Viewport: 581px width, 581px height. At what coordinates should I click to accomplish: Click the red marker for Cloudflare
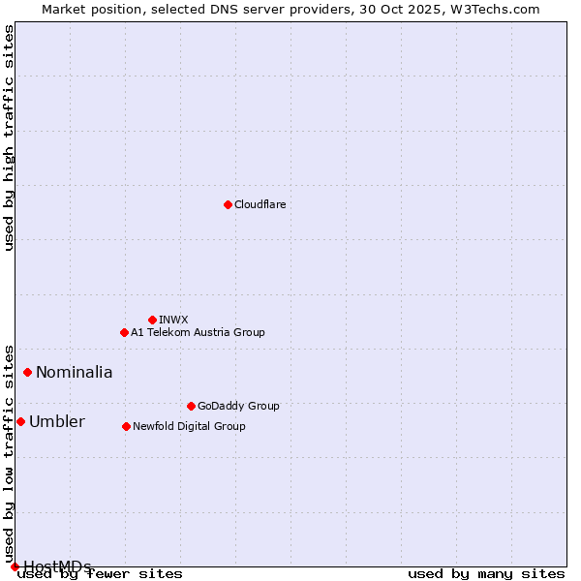(x=228, y=204)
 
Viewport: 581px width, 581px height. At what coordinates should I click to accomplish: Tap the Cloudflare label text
(x=260, y=204)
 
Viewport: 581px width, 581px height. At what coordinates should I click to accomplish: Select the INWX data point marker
(x=152, y=320)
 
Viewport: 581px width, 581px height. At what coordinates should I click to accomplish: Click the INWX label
(x=173, y=320)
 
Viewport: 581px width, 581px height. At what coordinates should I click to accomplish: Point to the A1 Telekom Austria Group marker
(x=124, y=332)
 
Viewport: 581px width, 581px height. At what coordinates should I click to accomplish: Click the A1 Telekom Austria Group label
(x=198, y=332)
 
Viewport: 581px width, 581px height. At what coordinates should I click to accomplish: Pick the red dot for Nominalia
(x=27, y=372)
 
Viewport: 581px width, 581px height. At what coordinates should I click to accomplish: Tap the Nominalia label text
(x=75, y=372)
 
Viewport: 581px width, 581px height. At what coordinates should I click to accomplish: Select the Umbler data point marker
(x=20, y=421)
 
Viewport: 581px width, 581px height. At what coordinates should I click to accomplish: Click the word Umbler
(x=57, y=421)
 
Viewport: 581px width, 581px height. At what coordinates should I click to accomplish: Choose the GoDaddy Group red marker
(x=191, y=406)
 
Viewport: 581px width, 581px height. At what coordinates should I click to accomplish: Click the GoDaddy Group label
(x=238, y=406)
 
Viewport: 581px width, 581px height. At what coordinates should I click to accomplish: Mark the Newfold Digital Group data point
(x=126, y=426)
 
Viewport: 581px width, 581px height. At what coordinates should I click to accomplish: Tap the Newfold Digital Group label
(x=189, y=426)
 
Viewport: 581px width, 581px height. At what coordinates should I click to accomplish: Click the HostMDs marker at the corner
(x=15, y=566)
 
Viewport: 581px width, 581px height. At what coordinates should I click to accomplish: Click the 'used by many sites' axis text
(x=486, y=574)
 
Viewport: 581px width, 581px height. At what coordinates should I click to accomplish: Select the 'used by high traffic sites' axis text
(x=9, y=138)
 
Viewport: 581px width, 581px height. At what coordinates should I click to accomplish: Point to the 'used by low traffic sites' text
(x=9, y=453)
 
